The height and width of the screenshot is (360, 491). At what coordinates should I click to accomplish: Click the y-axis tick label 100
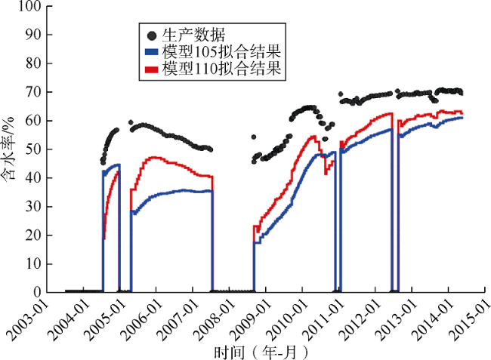click(x=29, y=7)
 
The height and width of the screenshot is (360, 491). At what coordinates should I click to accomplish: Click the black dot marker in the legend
click(x=151, y=35)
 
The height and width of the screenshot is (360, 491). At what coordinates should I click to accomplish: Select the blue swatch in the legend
click(x=151, y=52)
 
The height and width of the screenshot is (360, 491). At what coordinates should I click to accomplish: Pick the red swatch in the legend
click(x=151, y=69)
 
